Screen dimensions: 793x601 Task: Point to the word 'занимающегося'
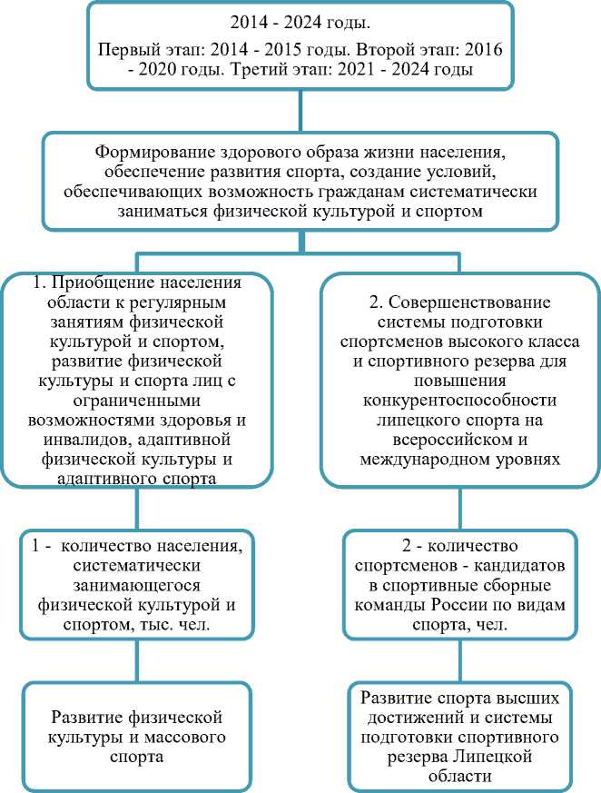[x=134, y=585]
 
